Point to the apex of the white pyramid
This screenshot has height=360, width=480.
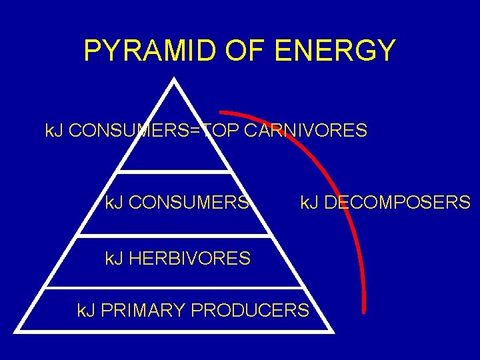pos(174,81)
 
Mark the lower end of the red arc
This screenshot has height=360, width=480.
pos(364,310)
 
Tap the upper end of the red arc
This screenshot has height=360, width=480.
pos(221,113)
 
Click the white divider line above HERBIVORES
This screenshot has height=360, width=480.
pos(174,235)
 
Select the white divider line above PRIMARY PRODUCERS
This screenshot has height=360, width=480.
pos(174,288)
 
